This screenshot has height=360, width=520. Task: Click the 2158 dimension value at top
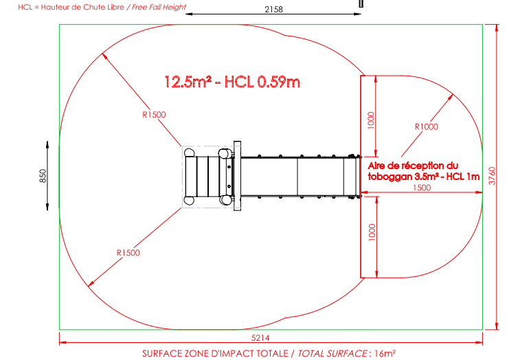coord(273,10)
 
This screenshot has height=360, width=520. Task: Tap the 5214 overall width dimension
coord(260,338)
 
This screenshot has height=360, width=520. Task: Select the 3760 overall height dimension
coord(492,176)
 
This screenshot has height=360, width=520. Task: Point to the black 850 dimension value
coord(43,176)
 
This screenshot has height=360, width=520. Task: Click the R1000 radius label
coord(427,126)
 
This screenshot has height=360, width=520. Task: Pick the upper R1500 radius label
coord(154,115)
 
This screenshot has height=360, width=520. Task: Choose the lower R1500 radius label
coord(128,253)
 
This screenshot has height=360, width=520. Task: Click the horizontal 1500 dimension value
coord(422,188)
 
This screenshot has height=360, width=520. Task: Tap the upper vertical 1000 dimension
coord(371,120)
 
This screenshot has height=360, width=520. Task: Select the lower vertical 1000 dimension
coord(372,232)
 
